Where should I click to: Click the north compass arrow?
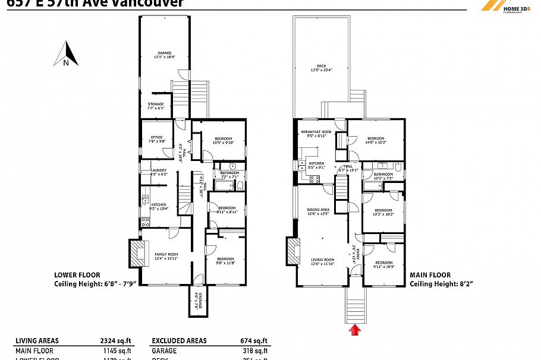[x=66, y=53]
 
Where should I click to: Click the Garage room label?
[x=164, y=55]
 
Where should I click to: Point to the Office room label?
[x=156, y=139]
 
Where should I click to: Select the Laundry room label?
[x=151, y=172]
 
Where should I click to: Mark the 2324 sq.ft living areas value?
[x=117, y=340]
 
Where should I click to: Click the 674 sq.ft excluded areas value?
[x=254, y=340]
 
